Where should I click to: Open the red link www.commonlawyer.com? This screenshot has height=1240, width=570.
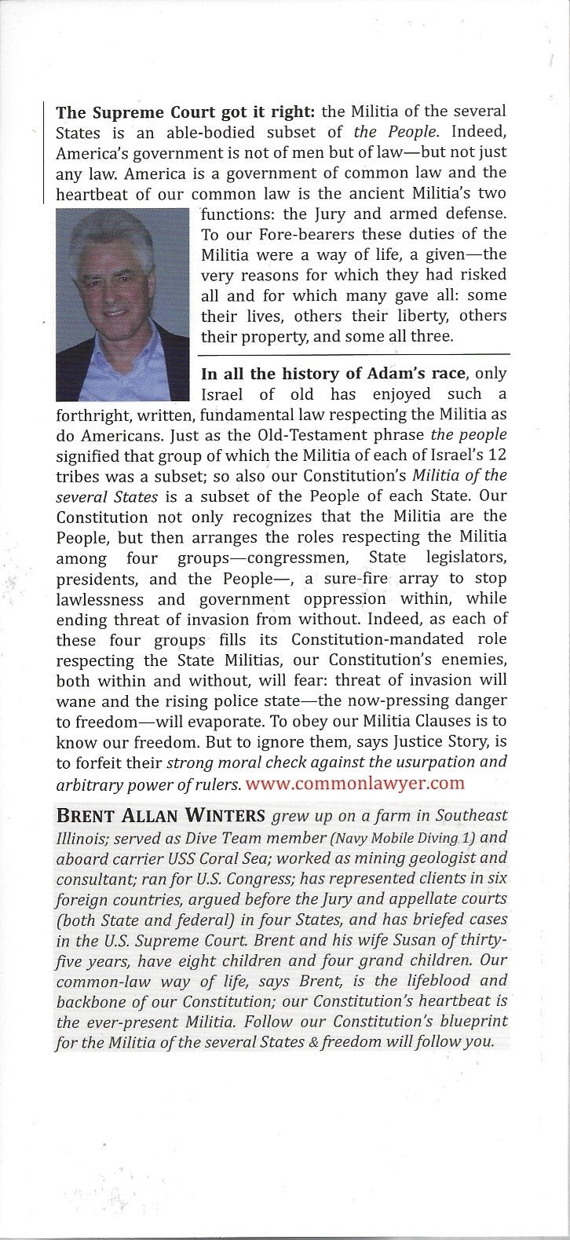tap(355, 783)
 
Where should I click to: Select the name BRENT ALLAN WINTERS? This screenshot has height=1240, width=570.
tap(161, 816)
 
